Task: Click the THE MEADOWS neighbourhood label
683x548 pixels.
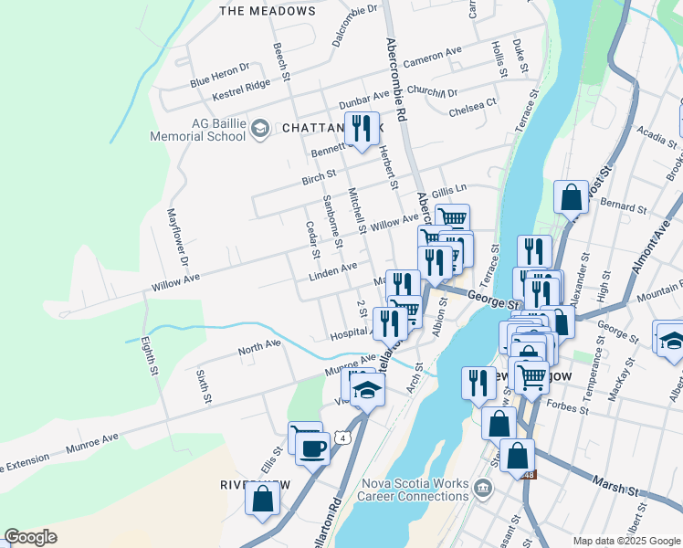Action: pyautogui.click(x=268, y=12)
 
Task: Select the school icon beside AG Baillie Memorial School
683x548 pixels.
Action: pyautogui.click(x=259, y=129)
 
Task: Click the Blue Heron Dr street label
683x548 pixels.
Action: pyautogui.click(x=219, y=76)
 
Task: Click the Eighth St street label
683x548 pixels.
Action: pyautogui.click(x=148, y=356)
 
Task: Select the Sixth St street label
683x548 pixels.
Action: pyautogui.click(x=204, y=386)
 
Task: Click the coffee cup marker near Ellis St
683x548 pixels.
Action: pyautogui.click(x=312, y=448)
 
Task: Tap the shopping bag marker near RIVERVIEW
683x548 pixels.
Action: pyautogui.click(x=263, y=498)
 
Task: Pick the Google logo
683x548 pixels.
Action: pyautogui.click(x=30, y=537)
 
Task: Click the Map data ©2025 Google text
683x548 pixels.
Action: pyautogui.click(x=625, y=541)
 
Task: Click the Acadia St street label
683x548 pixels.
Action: pyautogui.click(x=657, y=138)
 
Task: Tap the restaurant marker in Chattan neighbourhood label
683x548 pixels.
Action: pyautogui.click(x=363, y=129)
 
